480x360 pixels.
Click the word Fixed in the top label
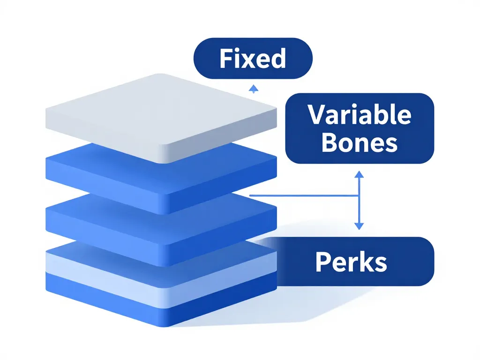pos(252,59)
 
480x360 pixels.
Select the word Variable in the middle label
pos(360,115)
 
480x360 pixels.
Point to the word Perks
pos(351,262)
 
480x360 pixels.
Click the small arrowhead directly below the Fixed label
pos(253,88)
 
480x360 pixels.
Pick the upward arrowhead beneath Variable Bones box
pos(359,174)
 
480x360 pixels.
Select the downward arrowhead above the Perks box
pos(359,226)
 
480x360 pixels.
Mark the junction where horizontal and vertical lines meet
pos(359,195)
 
